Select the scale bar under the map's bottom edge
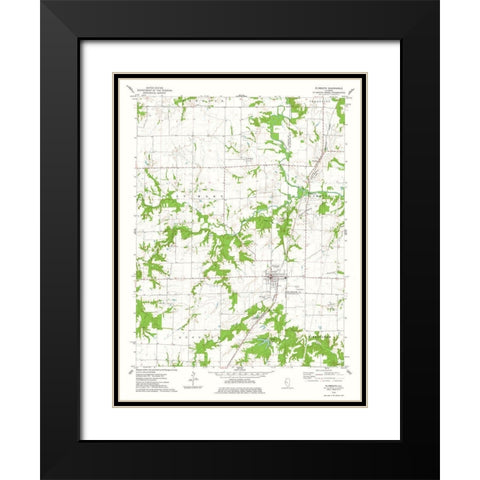click(x=241, y=374)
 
